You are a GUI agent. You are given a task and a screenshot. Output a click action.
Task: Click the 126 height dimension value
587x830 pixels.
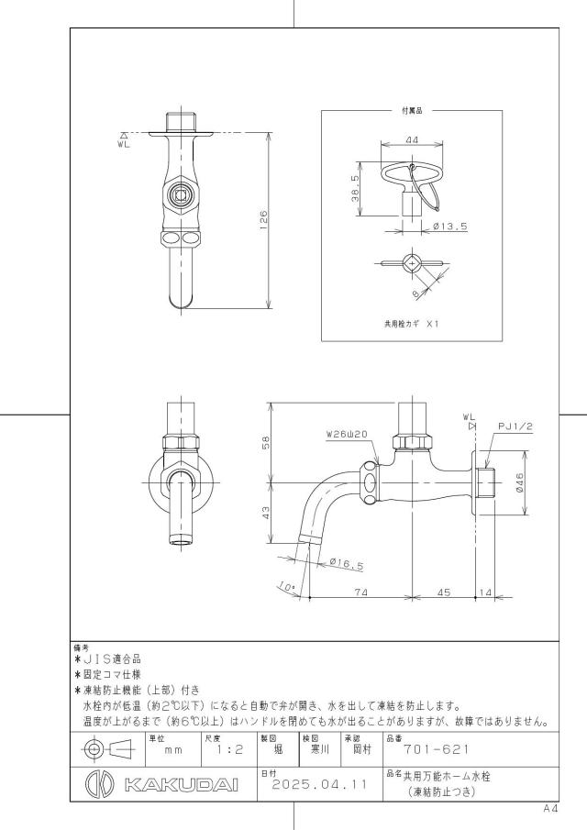tap(263, 220)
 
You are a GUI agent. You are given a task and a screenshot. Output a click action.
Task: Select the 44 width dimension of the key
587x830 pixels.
tap(412, 139)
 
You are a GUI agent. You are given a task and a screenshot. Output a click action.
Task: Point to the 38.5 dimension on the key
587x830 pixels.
tap(355, 188)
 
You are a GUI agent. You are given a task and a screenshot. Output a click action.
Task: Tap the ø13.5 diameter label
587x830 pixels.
tap(450, 227)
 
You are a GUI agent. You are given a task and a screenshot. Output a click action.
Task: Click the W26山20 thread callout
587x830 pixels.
tap(347, 434)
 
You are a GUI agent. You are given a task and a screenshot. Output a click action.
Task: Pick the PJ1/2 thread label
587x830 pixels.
tap(515, 426)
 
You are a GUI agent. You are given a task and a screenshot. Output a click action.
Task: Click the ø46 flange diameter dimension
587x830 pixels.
tap(519, 482)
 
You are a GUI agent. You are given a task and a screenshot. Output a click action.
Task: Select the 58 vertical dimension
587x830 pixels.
tap(266, 442)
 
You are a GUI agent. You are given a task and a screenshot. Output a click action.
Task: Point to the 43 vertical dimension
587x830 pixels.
tap(266, 513)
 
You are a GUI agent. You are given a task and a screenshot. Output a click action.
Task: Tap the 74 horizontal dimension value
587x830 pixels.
tap(361, 592)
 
